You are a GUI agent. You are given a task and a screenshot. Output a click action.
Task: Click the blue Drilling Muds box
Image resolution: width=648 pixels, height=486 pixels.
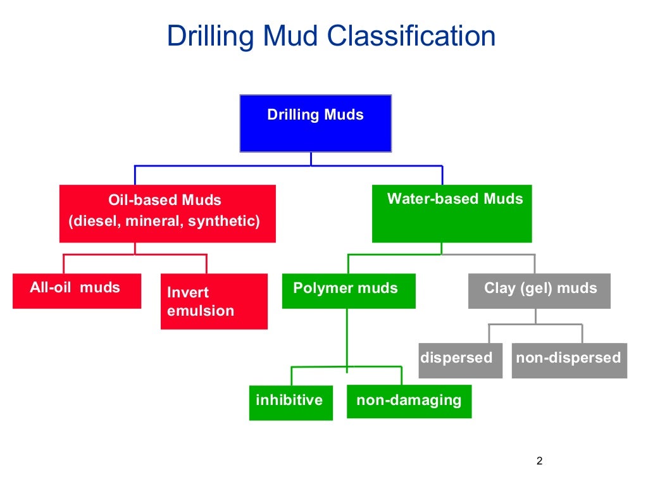pos(315,123)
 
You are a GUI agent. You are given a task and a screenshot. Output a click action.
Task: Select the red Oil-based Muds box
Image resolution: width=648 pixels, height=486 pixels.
pos(167,214)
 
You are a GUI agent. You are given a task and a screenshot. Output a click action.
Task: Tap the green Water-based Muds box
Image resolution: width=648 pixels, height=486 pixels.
pos(452,214)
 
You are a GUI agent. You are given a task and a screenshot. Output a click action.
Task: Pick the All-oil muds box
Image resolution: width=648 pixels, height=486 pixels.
pos(77,291)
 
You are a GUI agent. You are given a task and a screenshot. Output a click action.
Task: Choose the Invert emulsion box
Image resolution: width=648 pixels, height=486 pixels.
pos(214,302)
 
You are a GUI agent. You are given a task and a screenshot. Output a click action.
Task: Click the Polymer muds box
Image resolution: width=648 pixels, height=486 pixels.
pos(349,291)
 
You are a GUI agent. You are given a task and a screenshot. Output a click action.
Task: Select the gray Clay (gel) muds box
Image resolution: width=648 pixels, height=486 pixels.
pos(539,291)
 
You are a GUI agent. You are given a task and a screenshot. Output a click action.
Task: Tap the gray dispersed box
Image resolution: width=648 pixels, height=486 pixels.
pos(460,360)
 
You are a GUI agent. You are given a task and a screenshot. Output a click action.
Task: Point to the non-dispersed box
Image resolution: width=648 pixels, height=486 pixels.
pos(569,360)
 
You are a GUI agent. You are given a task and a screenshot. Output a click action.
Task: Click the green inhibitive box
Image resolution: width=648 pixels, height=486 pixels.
pos(290,402)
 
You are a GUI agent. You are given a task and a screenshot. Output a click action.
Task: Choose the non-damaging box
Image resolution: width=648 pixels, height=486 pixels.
pos(409,401)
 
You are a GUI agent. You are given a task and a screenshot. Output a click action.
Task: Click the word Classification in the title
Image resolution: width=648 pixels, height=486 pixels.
pos(412,37)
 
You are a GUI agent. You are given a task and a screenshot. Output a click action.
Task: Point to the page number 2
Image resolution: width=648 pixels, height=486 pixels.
pos(539,461)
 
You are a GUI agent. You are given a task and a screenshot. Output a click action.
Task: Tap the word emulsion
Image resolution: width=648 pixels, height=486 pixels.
pos(201,311)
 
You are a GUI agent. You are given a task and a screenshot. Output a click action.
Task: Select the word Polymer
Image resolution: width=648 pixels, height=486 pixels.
pos(323,289)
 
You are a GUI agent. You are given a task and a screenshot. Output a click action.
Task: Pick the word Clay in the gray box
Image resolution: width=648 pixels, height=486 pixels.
pos(499,289)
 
